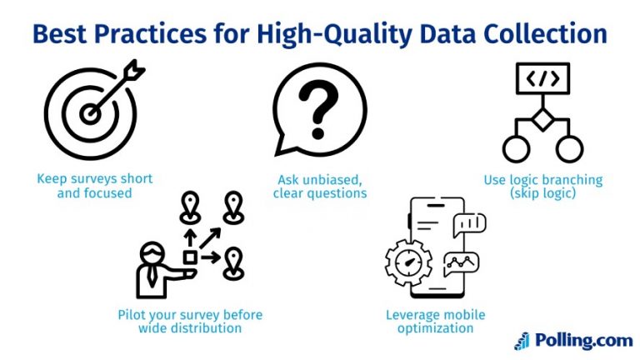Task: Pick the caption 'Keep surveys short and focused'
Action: pyautogui.click(x=95, y=186)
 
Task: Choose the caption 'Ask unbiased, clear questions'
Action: pyautogui.click(x=320, y=186)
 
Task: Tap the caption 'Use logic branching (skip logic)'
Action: pyautogui.click(x=543, y=186)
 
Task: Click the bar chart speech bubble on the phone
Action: pyautogui.click(x=469, y=222)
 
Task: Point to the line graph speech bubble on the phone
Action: pyautogui.click(x=461, y=264)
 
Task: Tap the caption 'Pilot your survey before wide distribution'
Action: pyautogui.click(x=190, y=322)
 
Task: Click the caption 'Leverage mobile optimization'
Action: pyautogui.click(x=435, y=322)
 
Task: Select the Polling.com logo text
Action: pyautogui.click(x=583, y=340)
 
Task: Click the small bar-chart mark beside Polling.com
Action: pyautogui.click(x=522, y=340)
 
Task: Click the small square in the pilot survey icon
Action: pyautogui.click(x=190, y=257)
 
